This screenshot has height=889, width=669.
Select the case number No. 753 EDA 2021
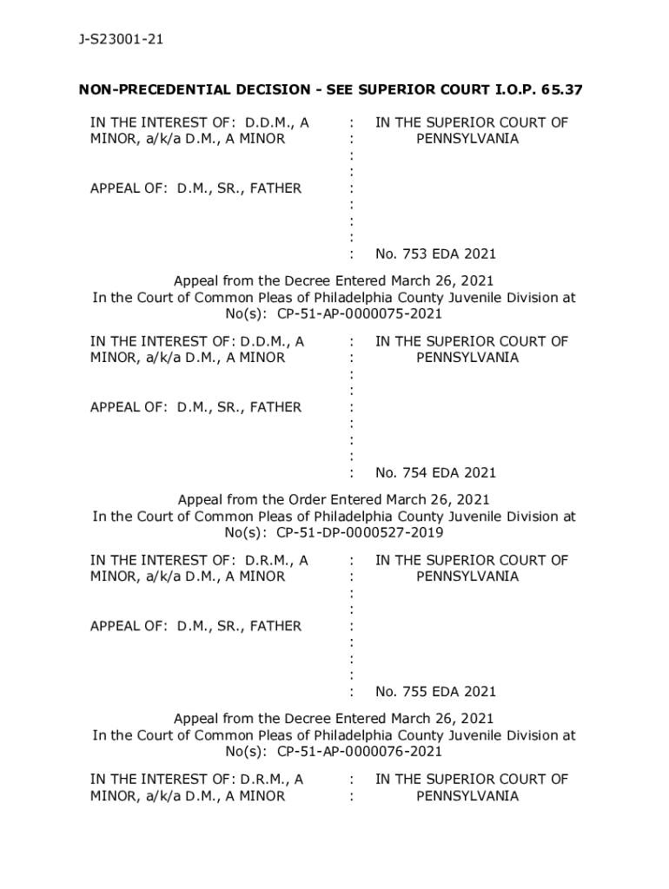435,254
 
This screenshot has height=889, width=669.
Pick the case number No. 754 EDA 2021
435,473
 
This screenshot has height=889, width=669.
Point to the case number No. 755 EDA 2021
435,692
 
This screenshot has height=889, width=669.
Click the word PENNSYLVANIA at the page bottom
467,796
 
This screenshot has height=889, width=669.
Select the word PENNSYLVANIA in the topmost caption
467,139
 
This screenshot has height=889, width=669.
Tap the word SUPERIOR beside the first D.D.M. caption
470,123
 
